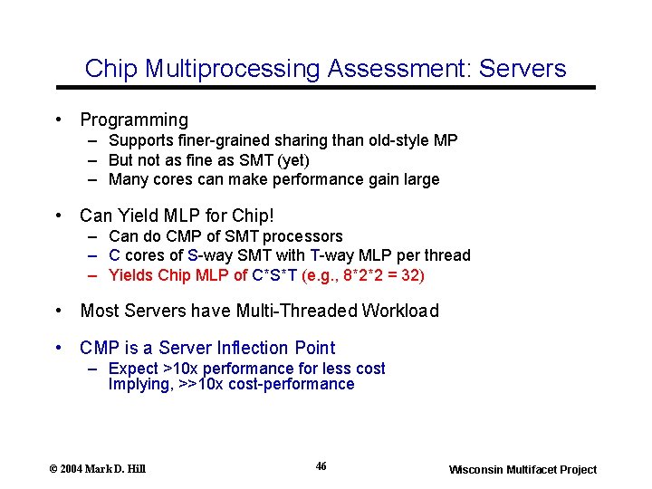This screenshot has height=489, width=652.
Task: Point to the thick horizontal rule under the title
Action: click(x=326, y=87)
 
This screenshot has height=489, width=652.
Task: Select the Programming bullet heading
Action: click(x=134, y=120)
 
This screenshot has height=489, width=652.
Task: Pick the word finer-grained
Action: click(x=216, y=140)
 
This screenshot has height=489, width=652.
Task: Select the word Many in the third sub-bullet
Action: click(x=127, y=179)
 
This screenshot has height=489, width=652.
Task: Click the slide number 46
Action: click(x=321, y=466)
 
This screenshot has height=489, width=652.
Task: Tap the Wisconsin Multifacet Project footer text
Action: click(x=523, y=469)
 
